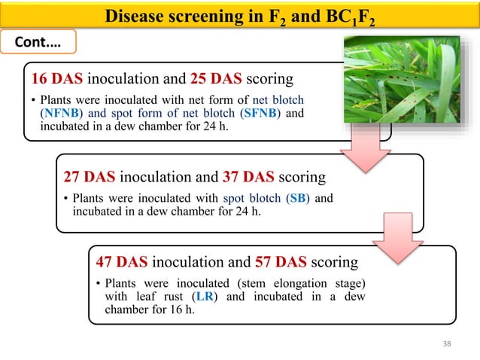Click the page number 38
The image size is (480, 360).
click(x=447, y=344)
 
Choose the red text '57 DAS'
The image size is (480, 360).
click(x=281, y=262)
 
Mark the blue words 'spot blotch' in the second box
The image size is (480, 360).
click(x=252, y=199)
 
